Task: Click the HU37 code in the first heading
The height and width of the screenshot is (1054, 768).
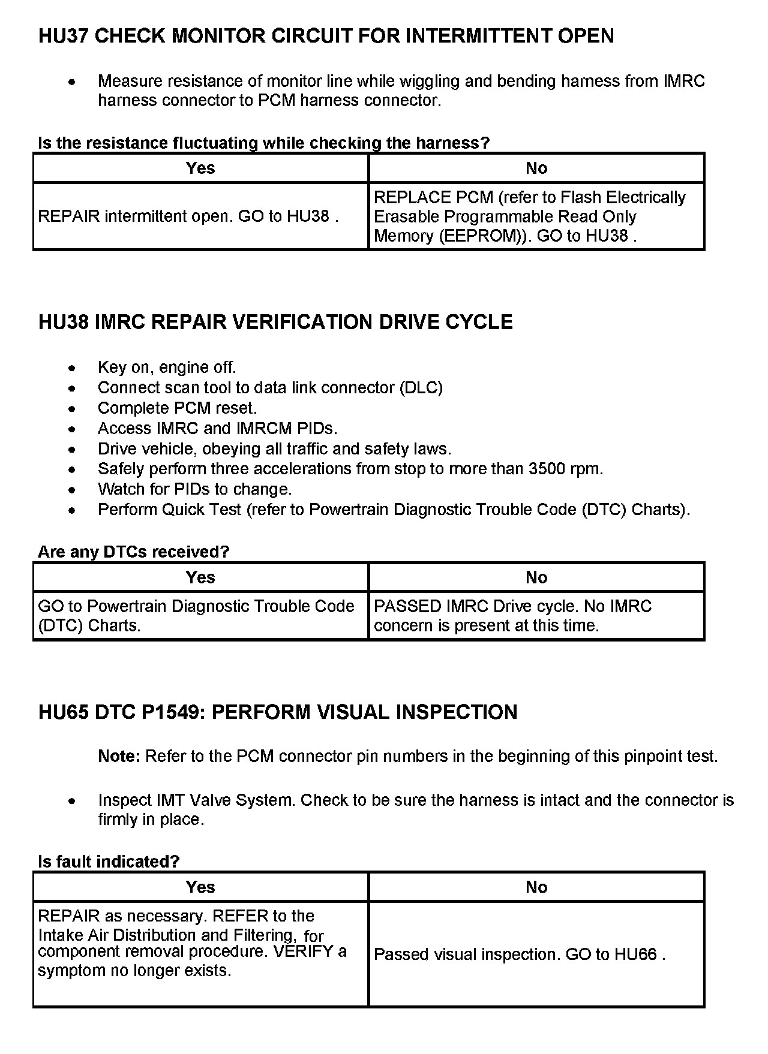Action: click(x=64, y=37)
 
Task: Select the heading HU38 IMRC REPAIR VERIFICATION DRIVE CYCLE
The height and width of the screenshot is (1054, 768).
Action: click(x=275, y=323)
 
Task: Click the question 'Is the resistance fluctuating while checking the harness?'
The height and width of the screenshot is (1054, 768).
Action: click(x=264, y=143)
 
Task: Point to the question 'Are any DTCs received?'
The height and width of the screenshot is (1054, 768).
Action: click(x=134, y=552)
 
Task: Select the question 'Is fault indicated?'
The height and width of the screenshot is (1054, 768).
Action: click(x=109, y=862)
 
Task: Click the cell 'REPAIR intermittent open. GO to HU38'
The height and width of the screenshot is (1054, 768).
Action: click(x=188, y=216)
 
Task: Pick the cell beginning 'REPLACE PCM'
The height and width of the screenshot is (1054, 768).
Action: click(x=529, y=216)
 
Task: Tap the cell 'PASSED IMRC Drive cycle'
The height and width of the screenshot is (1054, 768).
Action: click(x=512, y=616)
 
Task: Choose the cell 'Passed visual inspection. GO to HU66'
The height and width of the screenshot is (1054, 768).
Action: click(x=520, y=954)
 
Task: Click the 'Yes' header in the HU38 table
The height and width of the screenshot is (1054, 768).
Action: click(x=200, y=577)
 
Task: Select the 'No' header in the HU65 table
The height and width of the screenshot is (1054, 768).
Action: click(x=536, y=887)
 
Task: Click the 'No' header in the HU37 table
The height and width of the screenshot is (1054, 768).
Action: click(x=536, y=168)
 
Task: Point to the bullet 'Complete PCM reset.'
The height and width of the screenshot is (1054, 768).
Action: click(x=177, y=408)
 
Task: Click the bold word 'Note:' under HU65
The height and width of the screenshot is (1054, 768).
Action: click(x=119, y=757)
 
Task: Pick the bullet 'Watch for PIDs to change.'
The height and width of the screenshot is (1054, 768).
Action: click(x=194, y=489)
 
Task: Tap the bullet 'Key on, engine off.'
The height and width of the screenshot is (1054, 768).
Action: click(x=167, y=368)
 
